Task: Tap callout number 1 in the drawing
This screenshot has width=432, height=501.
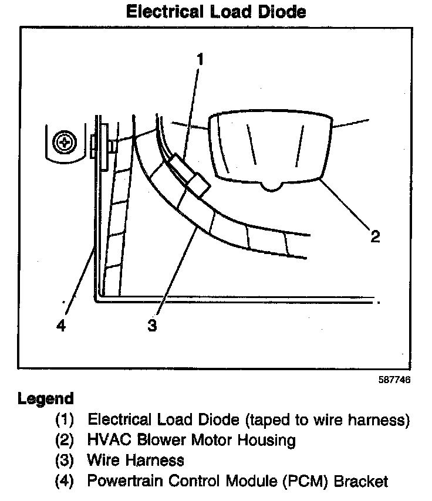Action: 200,59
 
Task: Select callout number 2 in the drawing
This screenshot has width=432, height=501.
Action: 374,236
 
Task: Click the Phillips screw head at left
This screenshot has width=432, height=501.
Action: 63,141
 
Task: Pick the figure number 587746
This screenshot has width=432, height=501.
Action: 394,380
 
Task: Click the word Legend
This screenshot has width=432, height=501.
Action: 46,399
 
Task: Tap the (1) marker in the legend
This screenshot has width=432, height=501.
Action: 66,419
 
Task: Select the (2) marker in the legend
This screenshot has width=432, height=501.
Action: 66,440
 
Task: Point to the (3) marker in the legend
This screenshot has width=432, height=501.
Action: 66,461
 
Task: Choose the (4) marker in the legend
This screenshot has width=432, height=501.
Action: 66,482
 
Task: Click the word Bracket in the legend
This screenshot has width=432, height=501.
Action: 362,482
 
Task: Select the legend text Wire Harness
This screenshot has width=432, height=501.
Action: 136,461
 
